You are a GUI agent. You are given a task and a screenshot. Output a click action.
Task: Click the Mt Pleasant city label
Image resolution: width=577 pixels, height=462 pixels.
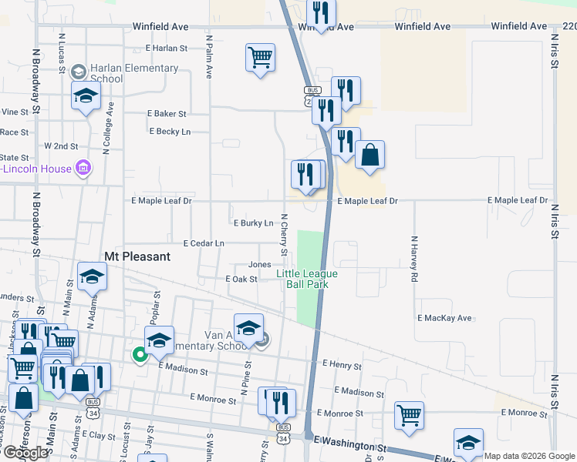[137, 257]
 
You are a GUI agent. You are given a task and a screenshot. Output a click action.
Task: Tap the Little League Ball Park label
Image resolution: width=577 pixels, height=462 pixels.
[307, 279]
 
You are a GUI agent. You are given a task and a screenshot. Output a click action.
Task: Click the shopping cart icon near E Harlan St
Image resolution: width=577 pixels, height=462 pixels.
[261, 57]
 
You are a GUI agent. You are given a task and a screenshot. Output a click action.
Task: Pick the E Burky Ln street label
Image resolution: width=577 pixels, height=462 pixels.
[254, 223]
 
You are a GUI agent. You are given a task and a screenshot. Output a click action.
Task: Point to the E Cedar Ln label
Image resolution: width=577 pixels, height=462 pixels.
[204, 243]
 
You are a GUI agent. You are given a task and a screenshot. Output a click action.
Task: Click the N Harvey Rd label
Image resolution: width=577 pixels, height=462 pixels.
[414, 258]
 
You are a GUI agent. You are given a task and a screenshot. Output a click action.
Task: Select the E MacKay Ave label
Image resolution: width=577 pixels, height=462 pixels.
[444, 317]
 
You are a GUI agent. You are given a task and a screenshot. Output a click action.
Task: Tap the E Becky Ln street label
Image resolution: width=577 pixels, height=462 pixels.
[170, 132]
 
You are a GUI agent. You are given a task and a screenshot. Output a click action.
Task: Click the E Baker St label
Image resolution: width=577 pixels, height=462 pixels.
[167, 113]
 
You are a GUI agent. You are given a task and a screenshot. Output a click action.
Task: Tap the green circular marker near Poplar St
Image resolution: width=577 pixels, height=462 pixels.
[140, 355]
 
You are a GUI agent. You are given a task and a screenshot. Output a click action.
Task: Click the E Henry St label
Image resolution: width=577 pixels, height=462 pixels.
[342, 363]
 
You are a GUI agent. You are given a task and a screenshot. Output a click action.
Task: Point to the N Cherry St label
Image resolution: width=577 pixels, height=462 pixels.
[284, 235]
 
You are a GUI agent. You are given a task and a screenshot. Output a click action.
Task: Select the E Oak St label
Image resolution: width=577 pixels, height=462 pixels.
[241, 279]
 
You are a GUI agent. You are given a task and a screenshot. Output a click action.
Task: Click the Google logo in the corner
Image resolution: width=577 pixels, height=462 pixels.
[25, 453]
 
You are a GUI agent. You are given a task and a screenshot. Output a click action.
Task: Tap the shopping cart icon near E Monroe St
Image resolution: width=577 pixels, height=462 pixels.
[409, 415]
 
